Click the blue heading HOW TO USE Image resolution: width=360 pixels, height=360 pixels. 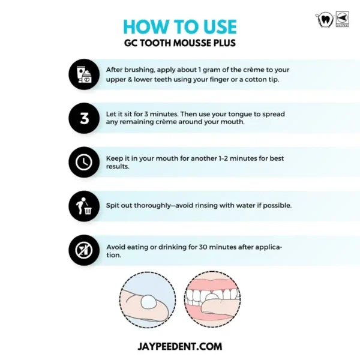[180, 26]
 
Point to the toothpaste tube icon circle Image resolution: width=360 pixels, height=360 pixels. [84, 74]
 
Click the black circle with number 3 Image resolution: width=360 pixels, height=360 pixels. [84, 118]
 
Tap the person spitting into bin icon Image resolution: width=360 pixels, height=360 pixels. [84, 206]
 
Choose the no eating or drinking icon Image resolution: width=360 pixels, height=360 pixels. [84, 250]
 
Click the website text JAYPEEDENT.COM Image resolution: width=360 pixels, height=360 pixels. [180, 346]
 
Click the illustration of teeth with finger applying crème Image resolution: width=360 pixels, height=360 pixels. [212, 299]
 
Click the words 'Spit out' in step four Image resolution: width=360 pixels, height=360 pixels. [119, 206]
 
